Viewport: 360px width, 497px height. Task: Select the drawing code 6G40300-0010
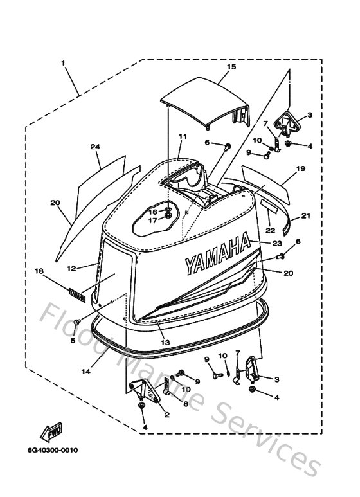pos(53,450)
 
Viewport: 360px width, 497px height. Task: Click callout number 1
pos(64,63)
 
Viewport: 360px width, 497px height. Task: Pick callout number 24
pos(95,147)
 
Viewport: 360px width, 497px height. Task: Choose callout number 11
pos(182,136)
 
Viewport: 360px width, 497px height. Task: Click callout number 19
pos(300,169)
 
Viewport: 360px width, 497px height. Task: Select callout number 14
pos(86,372)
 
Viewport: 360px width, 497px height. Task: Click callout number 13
pos(165,343)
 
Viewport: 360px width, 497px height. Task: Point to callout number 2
pos(166,415)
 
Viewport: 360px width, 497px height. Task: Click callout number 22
pos(270,230)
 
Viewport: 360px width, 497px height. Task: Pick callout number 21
pos(305,215)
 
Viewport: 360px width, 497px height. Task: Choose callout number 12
pos(71,267)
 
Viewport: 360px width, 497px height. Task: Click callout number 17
pos(153,221)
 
